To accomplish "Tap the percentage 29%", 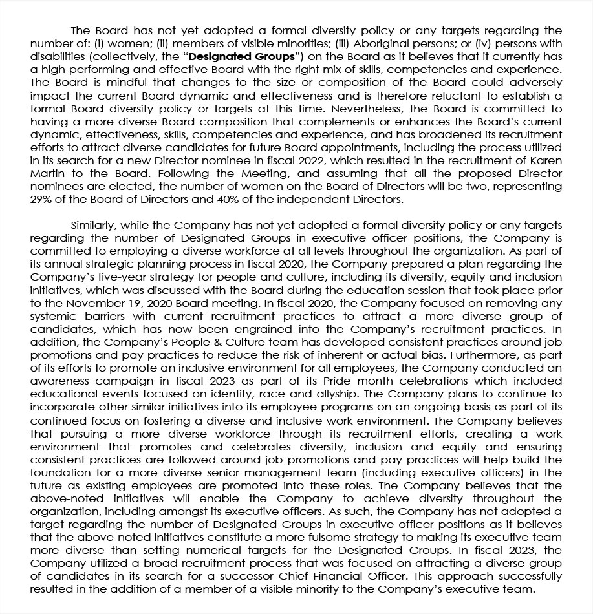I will tap(42, 200).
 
